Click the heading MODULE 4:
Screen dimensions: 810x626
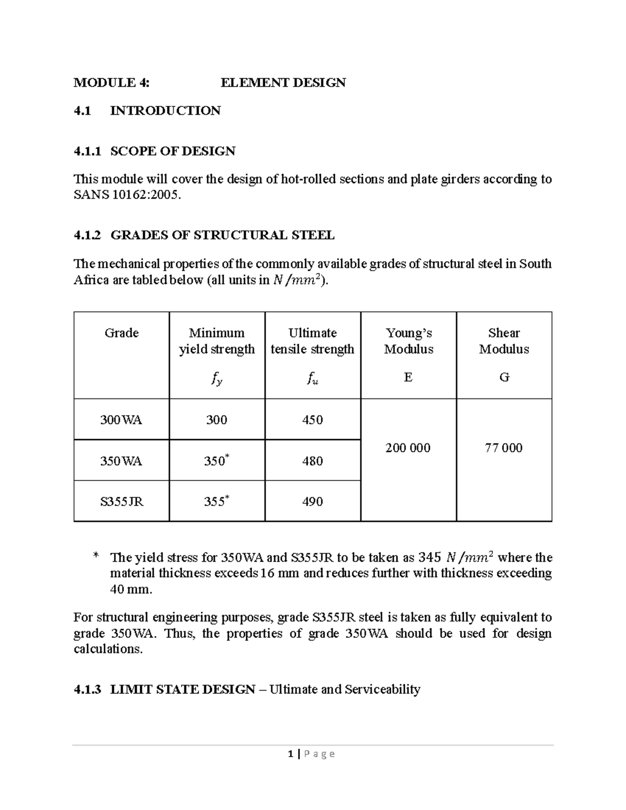coord(111,82)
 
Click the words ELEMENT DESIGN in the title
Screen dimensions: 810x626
coord(283,82)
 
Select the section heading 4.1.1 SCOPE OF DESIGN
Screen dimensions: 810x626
coord(154,151)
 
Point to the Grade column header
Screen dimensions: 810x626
coord(122,333)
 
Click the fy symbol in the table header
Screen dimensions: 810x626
coord(216,380)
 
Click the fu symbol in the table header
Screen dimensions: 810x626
coord(312,380)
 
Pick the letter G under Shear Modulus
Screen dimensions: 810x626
coord(504,377)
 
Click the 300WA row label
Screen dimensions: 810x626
coord(121,420)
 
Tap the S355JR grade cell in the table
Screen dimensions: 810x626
coord(122,502)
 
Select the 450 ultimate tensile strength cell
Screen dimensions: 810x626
coord(312,420)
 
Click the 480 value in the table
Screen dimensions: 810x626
coord(312,461)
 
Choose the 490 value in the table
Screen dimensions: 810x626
coord(312,502)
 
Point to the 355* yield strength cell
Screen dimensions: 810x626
coord(216,502)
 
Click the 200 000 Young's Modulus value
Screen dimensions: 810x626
coord(408,448)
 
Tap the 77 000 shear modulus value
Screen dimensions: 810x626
coord(503,448)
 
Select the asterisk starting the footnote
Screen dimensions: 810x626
coord(95,557)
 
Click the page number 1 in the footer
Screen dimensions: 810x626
coord(291,754)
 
